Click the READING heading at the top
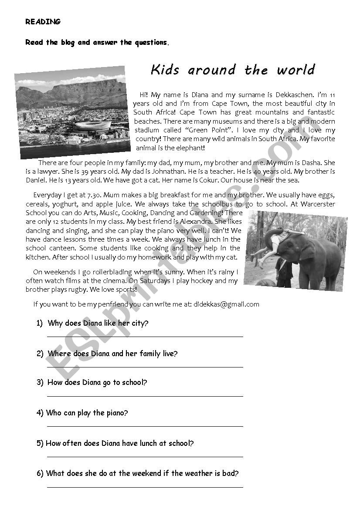pyautogui.click(x=43, y=21)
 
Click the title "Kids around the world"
pyautogui.click(x=232, y=70)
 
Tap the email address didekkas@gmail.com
pyautogui.click(x=226, y=304)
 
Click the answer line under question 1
pyautogui.click(x=145, y=336)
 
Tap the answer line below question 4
pyautogui.click(x=145, y=426)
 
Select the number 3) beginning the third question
pyautogui.click(x=40, y=383)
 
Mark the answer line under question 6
pyautogui.click(x=145, y=486)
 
